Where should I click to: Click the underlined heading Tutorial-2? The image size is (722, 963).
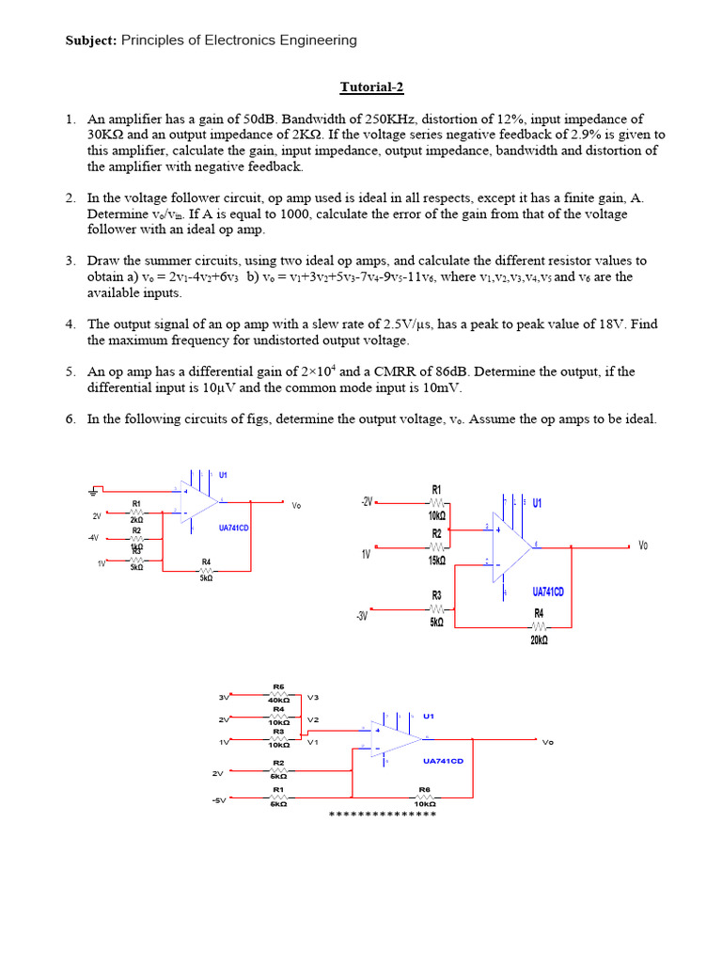tap(371, 87)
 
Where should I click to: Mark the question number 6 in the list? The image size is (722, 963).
tap(70, 418)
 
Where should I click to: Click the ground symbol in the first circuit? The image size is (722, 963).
tap(94, 491)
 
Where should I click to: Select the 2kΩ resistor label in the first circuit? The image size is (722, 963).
tap(136, 519)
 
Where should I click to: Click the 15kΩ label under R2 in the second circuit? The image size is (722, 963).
tap(436, 560)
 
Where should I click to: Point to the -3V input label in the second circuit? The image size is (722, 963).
tap(363, 617)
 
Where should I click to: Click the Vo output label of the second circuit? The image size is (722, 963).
tap(643, 545)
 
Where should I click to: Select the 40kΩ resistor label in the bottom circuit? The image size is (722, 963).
tap(278, 700)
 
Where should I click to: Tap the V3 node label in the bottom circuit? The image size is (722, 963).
tap(313, 697)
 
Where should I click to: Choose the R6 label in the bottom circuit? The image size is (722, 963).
tap(424, 790)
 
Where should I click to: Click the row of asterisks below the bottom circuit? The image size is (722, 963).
tap(383, 813)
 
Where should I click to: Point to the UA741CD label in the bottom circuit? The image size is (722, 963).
tap(443, 761)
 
